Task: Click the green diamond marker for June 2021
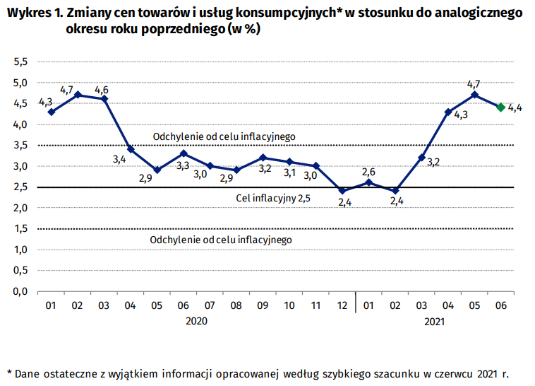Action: point(500,107)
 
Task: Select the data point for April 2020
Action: point(131,149)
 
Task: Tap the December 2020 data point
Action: point(342,191)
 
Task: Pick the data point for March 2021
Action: point(421,158)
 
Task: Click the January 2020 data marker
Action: point(52,112)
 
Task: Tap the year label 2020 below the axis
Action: point(197,322)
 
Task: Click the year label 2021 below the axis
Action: point(435,322)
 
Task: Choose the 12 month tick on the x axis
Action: point(342,305)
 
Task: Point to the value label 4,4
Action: point(515,107)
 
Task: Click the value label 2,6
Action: point(368,172)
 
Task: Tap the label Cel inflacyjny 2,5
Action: point(273,198)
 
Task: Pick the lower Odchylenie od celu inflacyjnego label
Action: point(221,240)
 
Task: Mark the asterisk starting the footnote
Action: point(10,372)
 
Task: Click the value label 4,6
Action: point(102,90)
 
